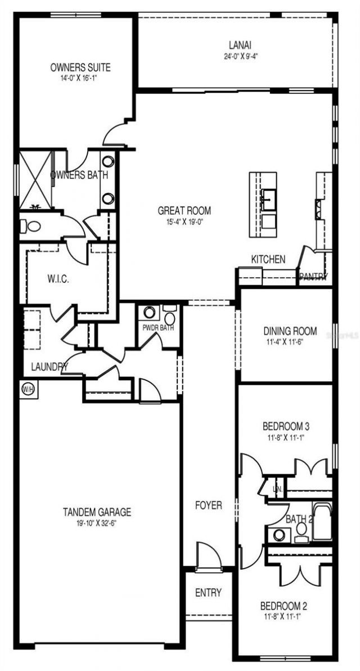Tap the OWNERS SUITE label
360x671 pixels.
pyautogui.click(x=80, y=67)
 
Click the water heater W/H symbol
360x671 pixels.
pyautogui.click(x=26, y=388)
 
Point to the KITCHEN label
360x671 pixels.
pyautogui.click(x=268, y=259)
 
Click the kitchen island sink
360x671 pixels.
pyautogui.click(x=267, y=199)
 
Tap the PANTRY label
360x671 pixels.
pyautogui.click(x=313, y=276)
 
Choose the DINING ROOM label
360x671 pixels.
pyautogui.click(x=290, y=331)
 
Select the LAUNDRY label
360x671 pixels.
pyautogui.click(x=49, y=367)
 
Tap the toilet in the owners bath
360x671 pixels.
pyautogui.click(x=32, y=227)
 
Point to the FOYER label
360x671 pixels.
pyautogui.click(x=208, y=505)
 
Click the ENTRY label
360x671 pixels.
pyautogui.click(x=208, y=592)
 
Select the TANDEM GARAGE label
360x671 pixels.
pyautogui.click(x=97, y=512)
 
